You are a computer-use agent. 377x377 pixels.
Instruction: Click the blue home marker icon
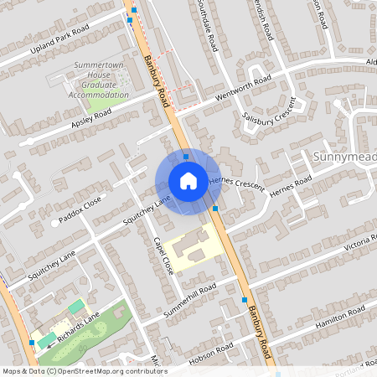(188, 181)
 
